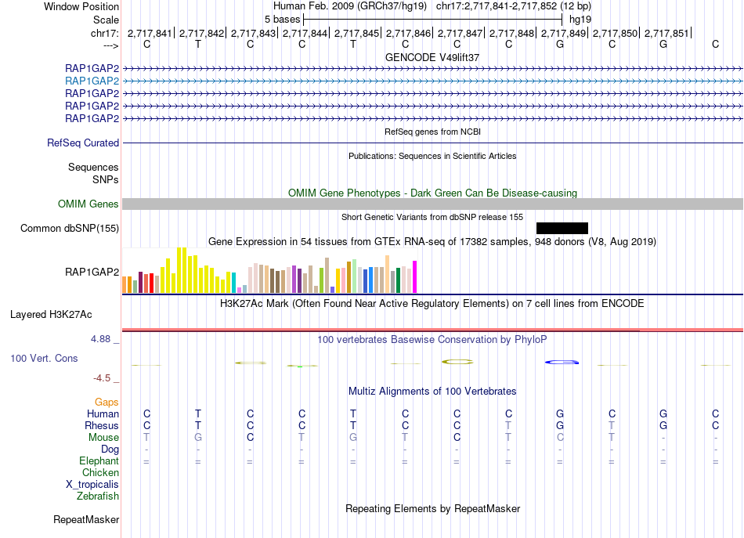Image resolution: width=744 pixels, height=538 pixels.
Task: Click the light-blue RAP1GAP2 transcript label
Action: click(92, 81)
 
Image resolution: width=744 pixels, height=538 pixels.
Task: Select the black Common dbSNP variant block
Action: click(562, 228)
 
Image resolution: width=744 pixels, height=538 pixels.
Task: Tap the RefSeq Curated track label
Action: click(83, 143)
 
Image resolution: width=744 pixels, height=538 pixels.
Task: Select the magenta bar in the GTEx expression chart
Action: click(414, 276)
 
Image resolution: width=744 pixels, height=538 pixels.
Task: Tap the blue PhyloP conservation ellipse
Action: click(562, 362)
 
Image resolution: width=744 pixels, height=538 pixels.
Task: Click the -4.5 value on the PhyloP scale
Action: click(103, 378)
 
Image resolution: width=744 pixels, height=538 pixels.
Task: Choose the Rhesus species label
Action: click(102, 425)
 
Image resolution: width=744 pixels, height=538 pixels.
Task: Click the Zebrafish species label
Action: click(98, 496)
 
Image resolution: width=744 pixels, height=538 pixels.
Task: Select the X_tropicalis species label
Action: click(92, 484)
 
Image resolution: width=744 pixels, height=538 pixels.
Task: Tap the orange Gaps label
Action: click(107, 402)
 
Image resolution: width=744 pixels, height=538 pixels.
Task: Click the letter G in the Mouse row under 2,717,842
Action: click(198, 437)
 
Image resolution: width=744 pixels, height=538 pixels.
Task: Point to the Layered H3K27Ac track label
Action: click(51, 315)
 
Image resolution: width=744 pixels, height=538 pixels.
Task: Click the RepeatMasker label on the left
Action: click(86, 519)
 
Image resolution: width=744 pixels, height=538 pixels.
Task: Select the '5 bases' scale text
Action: click(281, 19)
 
